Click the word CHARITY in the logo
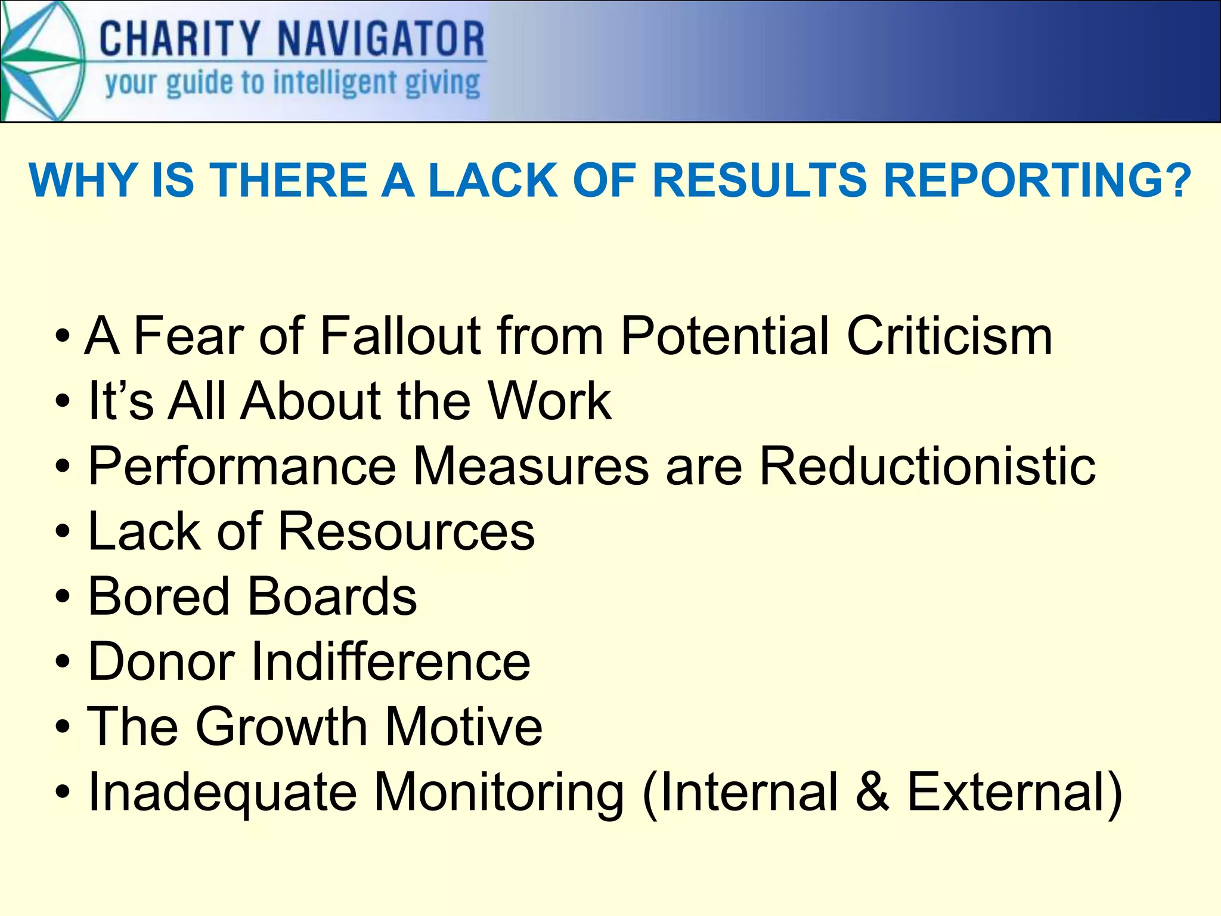[179, 39]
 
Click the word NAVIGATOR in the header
[382, 39]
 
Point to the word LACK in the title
[492, 180]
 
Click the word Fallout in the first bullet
[400, 336]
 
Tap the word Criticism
[950, 336]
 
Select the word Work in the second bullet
[549, 401]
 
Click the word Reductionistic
[927, 466]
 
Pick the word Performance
[242, 466]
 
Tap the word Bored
[159, 596]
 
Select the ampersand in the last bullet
[872, 791]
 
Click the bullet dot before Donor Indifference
[63, 662]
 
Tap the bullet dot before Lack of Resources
[63, 532]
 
